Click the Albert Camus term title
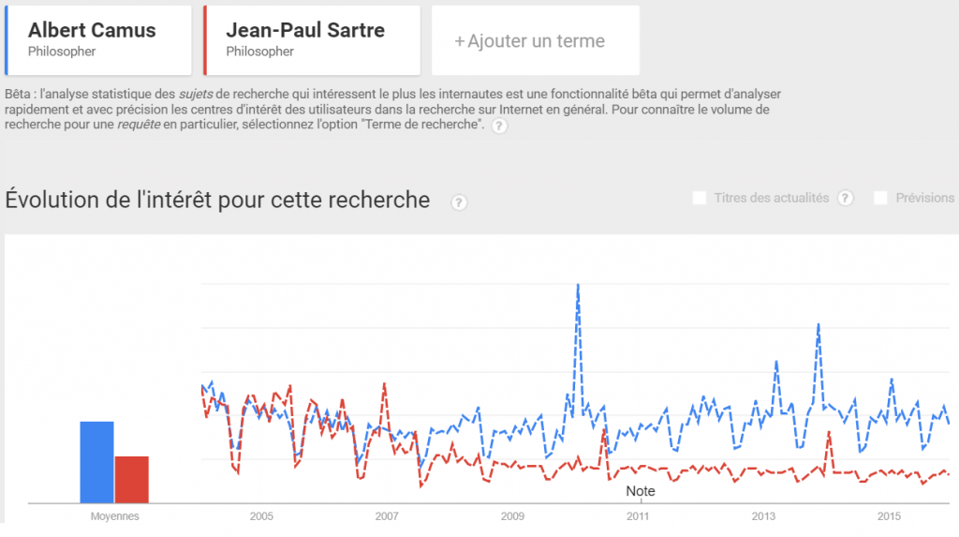[92, 30]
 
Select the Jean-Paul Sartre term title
[305, 30]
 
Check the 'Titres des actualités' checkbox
[699, 198]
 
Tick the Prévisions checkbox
[880, 198]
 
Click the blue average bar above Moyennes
[96, 462]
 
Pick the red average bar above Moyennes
[132, 480]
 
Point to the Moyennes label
[114, 516]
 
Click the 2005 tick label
[260, 516]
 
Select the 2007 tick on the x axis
[386, 516]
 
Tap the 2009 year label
[512, 516]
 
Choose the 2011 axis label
[638, 516]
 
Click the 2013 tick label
[763, 516]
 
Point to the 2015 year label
[889, 516]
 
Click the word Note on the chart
[641, 491]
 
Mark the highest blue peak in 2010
[578, 285]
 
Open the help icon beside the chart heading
[459, 202]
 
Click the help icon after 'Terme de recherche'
[499, 127]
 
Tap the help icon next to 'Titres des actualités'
[846, 198]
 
